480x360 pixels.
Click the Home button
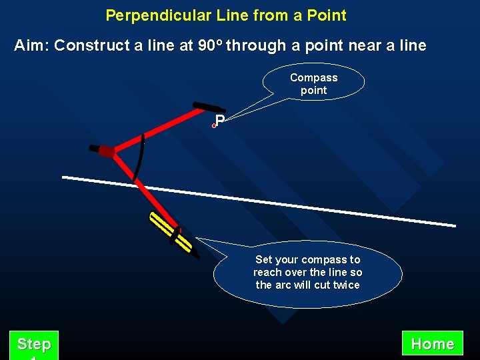point(433,344)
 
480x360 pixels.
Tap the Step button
point(34,345)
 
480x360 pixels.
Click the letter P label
point(219,121)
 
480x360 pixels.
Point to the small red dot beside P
point(214,125)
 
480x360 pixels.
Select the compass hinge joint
point(107,151)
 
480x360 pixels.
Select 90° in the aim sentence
point(210,45)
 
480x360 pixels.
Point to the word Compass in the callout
point(313,77)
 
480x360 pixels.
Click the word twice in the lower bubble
point(346,285)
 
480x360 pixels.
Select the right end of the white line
point(454,225)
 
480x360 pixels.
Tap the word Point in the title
point(327,15)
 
